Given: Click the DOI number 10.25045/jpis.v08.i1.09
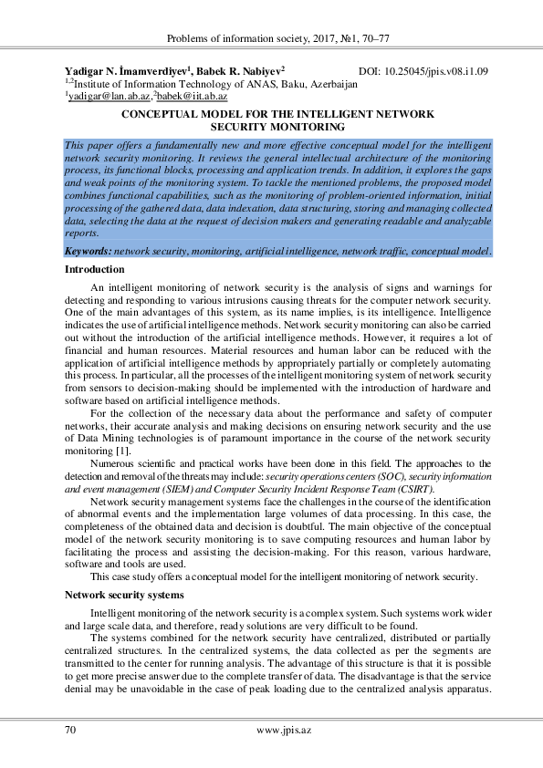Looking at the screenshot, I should pos(439,70).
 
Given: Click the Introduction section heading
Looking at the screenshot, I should pos(94,270).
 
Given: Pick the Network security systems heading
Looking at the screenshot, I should pos(124,594).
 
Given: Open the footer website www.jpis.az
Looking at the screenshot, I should pos(284,730).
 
